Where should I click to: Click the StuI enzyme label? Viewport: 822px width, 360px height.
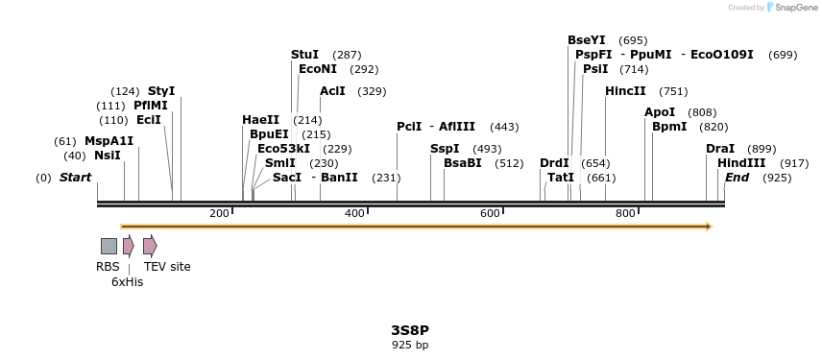click(x=304, y=55)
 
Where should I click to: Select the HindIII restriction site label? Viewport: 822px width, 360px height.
click(x=741, y=163)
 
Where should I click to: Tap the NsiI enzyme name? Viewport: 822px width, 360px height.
click(x=107, y=156)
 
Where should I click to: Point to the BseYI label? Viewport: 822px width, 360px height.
click(x=586, y=40)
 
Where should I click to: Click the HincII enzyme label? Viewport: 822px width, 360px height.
click(x=625, y=91)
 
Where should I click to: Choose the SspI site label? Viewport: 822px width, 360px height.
click(x=445, y=149)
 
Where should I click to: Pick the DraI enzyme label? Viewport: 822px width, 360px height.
click(x=720, y=149)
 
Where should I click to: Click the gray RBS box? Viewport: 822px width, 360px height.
click(x=109, y=246)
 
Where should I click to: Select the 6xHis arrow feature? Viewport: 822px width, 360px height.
click(x=129, y=246)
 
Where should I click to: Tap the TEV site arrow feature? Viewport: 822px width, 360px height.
click(x=150, y=246)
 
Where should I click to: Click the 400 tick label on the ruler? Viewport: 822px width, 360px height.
click(x=354, y=213)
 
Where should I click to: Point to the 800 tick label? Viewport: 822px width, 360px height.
click(x=625, y=213)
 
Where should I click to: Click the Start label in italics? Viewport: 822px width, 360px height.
click(x=75, y=178)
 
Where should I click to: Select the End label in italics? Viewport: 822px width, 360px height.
click(x=737, y=178)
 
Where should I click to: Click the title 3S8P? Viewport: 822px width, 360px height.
click(x=410, y=330)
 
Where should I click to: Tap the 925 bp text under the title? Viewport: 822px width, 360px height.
click(x=410, y=345)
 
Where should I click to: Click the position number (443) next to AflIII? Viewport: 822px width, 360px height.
click(x=504, y=127)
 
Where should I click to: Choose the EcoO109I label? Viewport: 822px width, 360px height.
click(x=722, y=55)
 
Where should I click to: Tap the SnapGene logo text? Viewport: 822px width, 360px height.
click(x=792, y=8)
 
